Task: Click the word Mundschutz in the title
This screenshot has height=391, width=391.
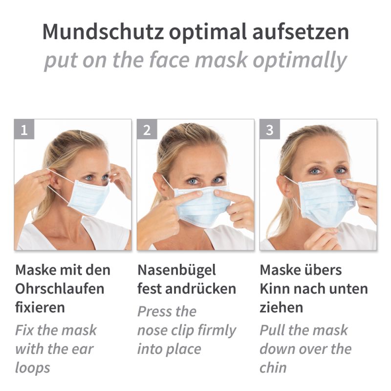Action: [103, 32]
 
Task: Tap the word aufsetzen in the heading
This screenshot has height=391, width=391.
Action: [301, 32]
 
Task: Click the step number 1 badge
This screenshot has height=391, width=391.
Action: [24, 130]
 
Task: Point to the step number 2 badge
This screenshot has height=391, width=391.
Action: [147, 130]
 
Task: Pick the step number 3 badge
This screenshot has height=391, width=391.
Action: [270, 130]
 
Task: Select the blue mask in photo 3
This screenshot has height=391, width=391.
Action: [326, 202]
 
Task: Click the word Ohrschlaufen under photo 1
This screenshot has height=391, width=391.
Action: [60, 289]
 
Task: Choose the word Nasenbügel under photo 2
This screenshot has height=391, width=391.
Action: [176, 270]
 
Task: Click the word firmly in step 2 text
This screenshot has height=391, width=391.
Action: [216, 331]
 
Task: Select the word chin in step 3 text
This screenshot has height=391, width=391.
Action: [273, 368]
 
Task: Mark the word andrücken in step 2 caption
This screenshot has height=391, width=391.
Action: [200, 289]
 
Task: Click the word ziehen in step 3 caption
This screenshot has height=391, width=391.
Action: [282, 307]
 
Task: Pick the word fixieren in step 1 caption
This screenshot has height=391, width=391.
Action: [40, 307]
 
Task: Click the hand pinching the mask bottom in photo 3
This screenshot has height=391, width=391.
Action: [322, 238]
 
